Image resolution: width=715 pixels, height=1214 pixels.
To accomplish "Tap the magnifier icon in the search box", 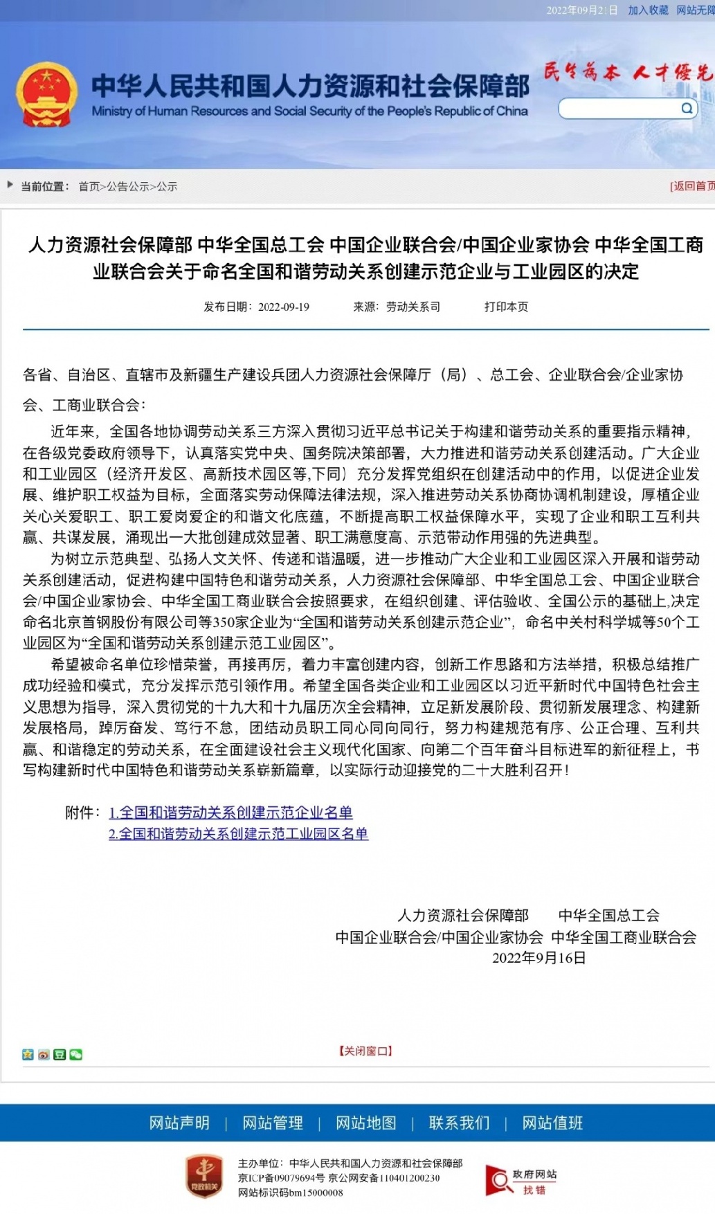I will point(687,108).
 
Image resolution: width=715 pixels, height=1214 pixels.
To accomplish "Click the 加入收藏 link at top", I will point(648,10).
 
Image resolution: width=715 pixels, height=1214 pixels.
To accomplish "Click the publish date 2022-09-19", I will point(283,307).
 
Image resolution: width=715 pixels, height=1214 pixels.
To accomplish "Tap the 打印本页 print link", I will point(506,307).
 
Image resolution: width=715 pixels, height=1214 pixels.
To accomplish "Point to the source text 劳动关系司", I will point(413,307).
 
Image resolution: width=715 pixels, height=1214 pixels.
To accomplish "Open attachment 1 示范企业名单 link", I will point(231,812).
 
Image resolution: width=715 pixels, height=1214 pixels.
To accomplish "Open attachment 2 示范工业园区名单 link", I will point(238,833).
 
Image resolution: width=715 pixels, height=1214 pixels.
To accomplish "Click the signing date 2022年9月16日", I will point(538,958).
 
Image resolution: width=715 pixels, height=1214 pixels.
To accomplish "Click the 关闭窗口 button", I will point(365,1051).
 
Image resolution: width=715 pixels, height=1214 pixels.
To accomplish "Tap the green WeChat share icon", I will point(76,1054).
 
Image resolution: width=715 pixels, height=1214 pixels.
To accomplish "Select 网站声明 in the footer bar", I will point(179,1123).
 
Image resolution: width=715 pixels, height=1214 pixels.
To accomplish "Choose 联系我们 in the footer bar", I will point(459,1123).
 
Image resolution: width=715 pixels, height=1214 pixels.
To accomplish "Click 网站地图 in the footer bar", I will point(366,1123).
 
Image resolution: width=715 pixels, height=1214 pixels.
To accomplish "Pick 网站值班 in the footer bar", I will point(552,1123).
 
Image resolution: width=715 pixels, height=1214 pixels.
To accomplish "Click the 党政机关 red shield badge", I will point(203,1176).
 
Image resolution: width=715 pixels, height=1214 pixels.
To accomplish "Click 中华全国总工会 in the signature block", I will point(608,915).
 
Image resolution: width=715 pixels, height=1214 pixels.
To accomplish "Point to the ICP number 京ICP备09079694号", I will point(281,1178).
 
